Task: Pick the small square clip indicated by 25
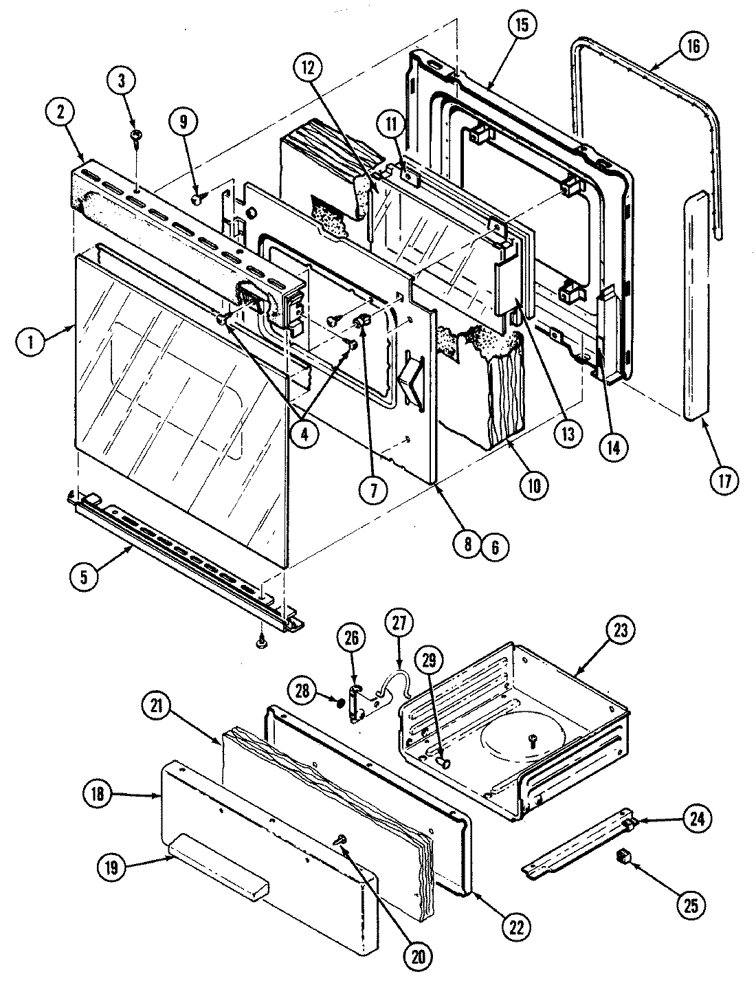click(x=623, y=856)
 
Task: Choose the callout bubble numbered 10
click(x=534, y=485)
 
